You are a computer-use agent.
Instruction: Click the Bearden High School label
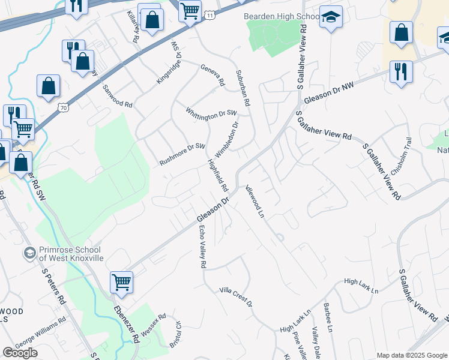click(x=280, y=16)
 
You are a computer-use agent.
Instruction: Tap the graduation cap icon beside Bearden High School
click(x=330, y=18)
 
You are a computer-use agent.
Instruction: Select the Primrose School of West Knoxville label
click(x=71, y=253)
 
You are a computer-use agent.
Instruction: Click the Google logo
click(x=20, y=353)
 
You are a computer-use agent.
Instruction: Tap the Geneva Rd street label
click(x=212, y=74)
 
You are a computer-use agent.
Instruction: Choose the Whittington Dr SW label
click(x=212, y=113)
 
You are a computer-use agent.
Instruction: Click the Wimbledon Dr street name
click(x=232, y=137)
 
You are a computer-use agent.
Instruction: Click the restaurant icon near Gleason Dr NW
click(x=400, y=71)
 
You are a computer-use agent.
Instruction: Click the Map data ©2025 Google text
click(x=412, y=355)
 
